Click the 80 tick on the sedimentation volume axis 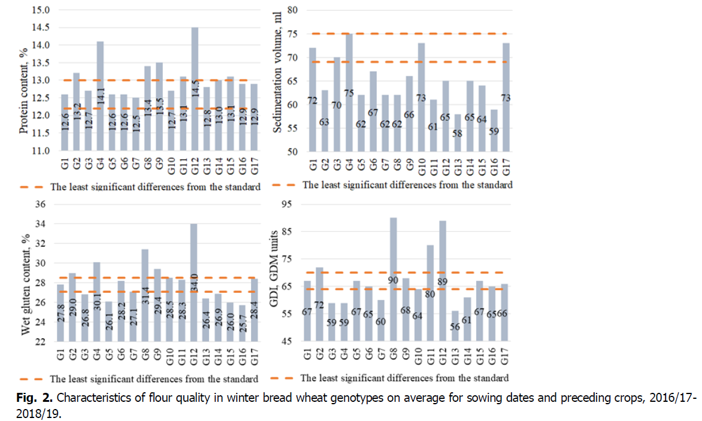[x=293, y=10]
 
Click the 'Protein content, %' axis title [x=25, y=81]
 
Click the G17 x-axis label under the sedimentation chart [x=506, y=163]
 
